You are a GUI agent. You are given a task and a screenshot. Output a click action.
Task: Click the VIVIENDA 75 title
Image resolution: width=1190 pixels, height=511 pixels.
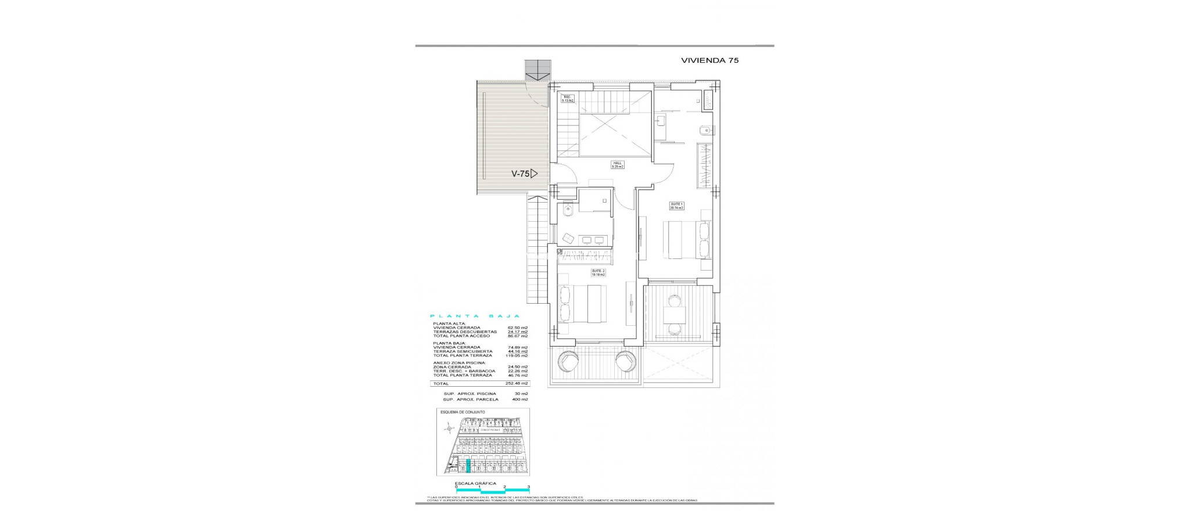coord(709,60)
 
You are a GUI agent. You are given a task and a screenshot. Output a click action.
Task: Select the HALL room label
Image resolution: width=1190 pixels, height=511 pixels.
coord(616,164)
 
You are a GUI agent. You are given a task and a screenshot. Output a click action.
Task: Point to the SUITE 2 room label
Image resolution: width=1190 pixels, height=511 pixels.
coord(598,272)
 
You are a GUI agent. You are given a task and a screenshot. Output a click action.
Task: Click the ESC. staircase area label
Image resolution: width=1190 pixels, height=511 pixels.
coord(567,98)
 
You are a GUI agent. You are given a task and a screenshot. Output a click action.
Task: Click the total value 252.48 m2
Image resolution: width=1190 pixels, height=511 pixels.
coord(517,384)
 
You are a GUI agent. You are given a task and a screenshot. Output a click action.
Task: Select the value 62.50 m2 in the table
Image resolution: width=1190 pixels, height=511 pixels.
coord(517,328)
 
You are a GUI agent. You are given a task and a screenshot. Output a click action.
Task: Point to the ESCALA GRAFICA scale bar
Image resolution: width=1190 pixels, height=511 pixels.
coord(492,491)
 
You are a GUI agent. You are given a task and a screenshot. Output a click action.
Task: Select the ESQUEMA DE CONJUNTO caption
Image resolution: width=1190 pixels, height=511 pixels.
coord(463,412)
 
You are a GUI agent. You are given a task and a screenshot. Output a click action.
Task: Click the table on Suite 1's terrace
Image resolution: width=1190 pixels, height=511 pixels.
coord(675,315)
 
